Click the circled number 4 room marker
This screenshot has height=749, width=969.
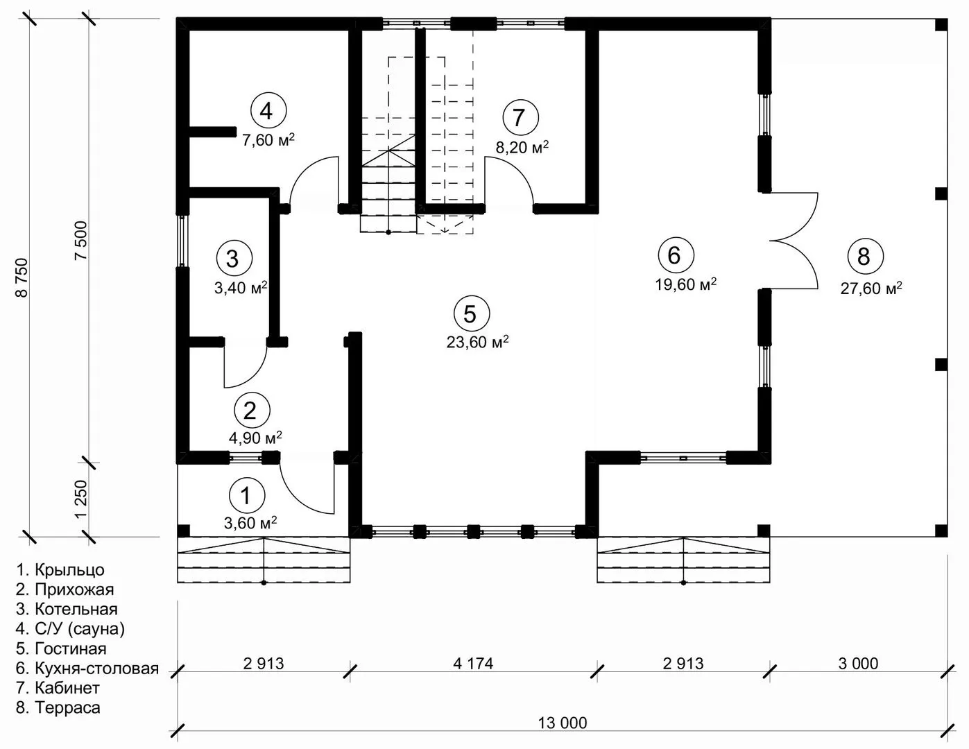click(266, 110)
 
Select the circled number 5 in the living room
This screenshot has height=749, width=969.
click(470, 314)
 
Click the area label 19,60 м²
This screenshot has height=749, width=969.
click(685, 284)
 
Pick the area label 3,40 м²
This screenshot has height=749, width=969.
click(241, 288)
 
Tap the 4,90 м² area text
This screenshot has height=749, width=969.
click(255, 438)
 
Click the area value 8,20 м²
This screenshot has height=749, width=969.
click(522, 147)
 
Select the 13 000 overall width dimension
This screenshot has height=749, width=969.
click(562, 723)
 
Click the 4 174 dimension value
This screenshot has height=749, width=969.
click(473, 664)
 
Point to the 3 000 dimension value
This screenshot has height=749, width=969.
click(858, 664)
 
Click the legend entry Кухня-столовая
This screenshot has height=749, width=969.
click(87, 669)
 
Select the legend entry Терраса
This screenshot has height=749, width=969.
click(58, 707)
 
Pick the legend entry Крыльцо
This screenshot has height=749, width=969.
click(60, 570)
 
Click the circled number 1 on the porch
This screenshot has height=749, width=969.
click(247, 496)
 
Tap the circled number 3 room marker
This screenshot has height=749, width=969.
click(233, 258)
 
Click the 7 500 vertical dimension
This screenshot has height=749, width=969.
click(82, 241)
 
